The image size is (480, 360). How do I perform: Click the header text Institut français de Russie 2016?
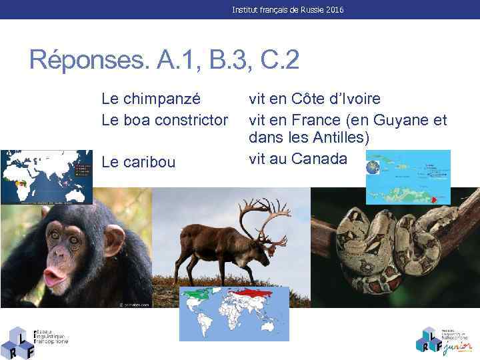point(288,10)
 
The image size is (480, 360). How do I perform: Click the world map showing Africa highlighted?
point(47,177)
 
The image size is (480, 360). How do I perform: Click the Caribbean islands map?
point(413,177)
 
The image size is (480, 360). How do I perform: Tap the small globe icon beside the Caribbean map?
point(372,167)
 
